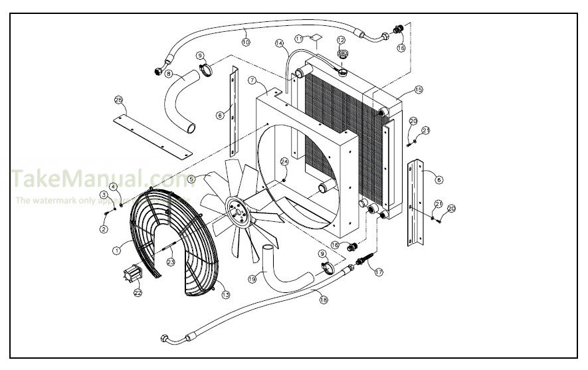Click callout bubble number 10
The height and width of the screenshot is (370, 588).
click(245, 41)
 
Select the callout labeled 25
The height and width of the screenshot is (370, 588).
click(118, 100)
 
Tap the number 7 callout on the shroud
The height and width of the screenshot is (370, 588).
click(252, 80)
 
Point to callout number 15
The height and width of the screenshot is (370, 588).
click(419, 89)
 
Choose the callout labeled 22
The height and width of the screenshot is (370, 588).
click(138, 292)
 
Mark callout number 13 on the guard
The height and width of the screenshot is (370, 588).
click(225, 295)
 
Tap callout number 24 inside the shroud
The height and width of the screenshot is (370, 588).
click(284, 161)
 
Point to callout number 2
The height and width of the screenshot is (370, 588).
click(104, 229)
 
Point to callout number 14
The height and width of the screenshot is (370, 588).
click(280, 44)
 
